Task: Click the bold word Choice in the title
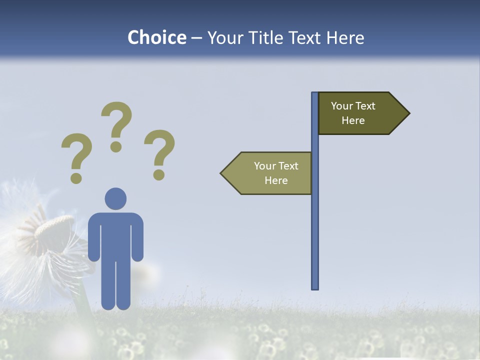(x=156, y=37)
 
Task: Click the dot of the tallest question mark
(x=116, y=146)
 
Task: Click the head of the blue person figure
(x=115, y=198)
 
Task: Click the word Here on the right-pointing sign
(x=353, y=120)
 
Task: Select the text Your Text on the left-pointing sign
(x=276, y=166)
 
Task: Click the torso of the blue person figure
(x=115, y=235)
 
